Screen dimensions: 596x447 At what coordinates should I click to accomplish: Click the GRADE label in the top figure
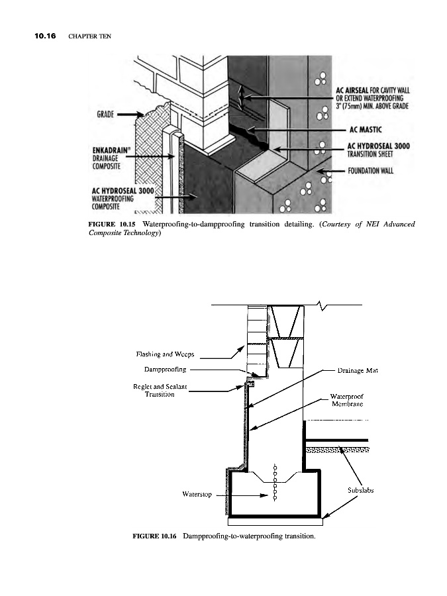(106, 115)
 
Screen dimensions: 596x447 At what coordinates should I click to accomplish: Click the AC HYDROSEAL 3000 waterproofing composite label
(123, 197)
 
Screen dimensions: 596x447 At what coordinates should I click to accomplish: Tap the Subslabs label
(362, 491)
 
